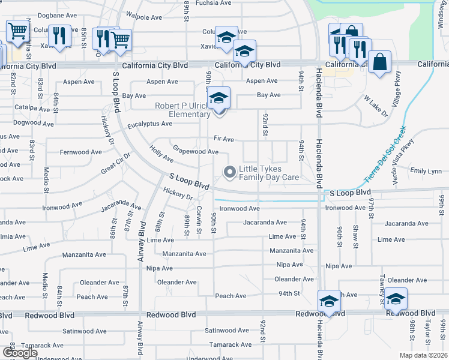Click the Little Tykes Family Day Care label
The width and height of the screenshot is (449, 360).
pyautogui.click(x=269, y=173)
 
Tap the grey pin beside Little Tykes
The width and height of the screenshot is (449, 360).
pyautogui.click(x=229, y=173)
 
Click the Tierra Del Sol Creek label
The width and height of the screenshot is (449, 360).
pyautogui.click(x=385, y=154)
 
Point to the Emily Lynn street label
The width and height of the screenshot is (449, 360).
pyautogui.click(x=426, y=171)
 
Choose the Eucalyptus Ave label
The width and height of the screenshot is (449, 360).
pyautogui.click(x=149, y=124)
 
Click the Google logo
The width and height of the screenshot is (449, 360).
pyautogui.click(x=19, y=353)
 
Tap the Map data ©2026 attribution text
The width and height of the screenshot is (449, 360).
pyautogui.click(x=424, y=355)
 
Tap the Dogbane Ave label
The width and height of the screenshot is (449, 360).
pyautogui.click(x=57, y=16)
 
